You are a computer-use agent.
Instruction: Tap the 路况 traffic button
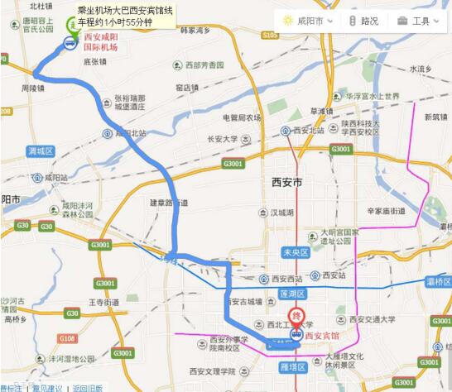(x=363, y=20)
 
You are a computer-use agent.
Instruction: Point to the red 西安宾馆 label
(x=321, y=336)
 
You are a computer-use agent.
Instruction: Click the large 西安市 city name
(x=287, y=181)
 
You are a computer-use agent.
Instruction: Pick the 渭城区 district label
(x=40, y=151)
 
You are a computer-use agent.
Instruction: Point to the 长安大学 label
(x=227, y=139)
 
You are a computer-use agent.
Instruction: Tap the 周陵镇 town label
(x=34, y=87)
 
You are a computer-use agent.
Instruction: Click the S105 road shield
(x=269, y=36)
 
